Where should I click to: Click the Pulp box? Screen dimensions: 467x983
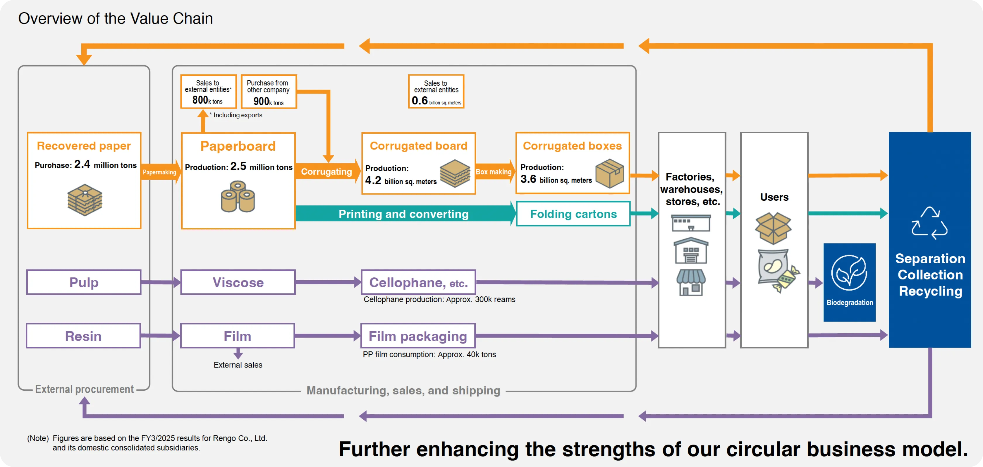tap(84, 282)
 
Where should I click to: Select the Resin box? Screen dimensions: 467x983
tap(83, 336)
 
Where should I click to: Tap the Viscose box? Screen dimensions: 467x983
tap(238, 282)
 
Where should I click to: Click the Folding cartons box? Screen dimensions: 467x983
tap(573, 214)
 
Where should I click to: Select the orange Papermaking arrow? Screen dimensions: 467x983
tap(159, 172)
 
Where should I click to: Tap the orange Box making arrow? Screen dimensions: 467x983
tap(494, 172)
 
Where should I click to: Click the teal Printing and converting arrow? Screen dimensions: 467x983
tap(403, 214)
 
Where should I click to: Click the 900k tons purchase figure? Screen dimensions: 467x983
tap(268, 102)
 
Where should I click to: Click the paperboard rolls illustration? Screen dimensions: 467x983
tap(238, 197)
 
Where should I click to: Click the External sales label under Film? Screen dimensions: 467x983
tap(238, 365)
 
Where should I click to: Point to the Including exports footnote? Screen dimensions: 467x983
tap(237, 115)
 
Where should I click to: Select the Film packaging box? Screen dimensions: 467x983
tap(418, 336)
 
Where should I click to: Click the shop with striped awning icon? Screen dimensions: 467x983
tap(691, 282)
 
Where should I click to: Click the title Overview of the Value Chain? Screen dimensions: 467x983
tap(115, 18)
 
